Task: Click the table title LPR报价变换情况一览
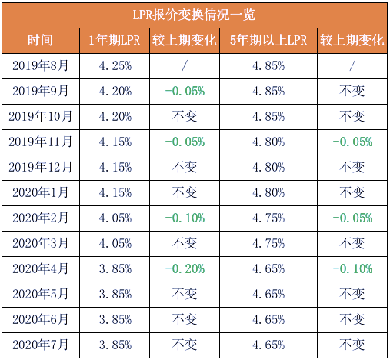click(x=194, y=15)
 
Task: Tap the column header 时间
click(x=41, y=40)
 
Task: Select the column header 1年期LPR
click(x=115, y=40)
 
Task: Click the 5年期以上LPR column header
click(x=268, y=40)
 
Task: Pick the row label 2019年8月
click(x=41, y=65)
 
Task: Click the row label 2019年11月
click(x=41, y=142)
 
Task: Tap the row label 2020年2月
click(x=41, y=218)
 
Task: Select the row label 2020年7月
click(x=41, y=345)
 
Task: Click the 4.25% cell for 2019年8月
click(x=115, y=66)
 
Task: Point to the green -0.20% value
click(x=185, y=269)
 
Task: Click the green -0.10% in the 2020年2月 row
click(x=185, y=218)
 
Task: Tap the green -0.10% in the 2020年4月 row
click(x=352, y=269)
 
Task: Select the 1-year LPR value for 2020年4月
click(x=115, y=269)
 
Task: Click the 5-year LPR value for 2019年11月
click(x=268, y=142)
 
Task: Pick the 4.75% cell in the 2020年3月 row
click(x=268, y=244)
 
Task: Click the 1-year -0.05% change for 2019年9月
click(x=185, y=92)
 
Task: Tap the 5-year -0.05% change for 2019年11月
click(x=352, y=142)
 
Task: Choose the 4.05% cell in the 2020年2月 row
click(x=115, y=218)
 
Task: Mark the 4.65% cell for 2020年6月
click(x=268, y=320)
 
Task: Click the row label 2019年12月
click(x=41, y=167)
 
